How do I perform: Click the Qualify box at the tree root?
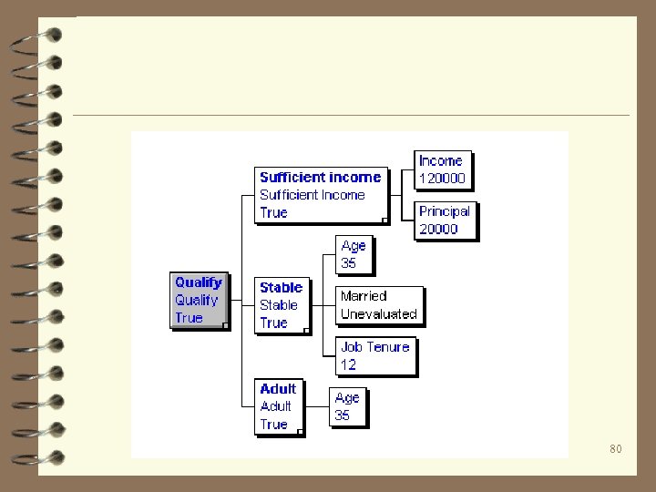[199, 300]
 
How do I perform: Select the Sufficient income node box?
[320, 194]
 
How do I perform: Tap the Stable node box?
[282, 305]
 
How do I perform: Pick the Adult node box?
[278, 406]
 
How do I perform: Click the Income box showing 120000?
[443, 169]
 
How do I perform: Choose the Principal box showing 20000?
[445, 220]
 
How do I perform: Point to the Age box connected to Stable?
[354, 254]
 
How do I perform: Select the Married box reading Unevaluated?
[379, 305]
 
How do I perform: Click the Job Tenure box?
[375, 355]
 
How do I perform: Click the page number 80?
[616, 449]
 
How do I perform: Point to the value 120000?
[443, 179]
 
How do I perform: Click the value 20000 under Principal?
[438, 230]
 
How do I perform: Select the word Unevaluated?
[379, 314]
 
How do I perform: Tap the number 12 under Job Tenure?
[348, 364]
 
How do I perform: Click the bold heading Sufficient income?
[320, 177]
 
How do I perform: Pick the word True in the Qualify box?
[189, 318]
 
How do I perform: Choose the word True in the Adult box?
[273, 425]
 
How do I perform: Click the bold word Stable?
[281, 287]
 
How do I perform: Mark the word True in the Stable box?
[273, 323]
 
